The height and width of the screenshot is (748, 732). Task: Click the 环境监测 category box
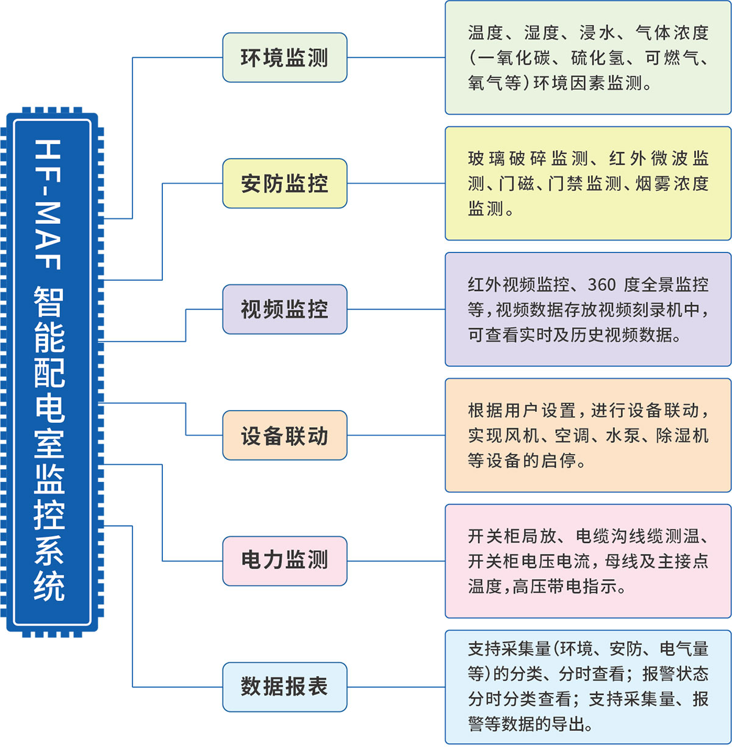coord(284,57)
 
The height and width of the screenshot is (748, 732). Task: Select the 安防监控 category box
coord(284,183)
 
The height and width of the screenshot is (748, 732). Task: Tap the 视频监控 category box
coord(284,309)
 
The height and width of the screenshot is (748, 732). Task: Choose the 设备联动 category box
coord(284,435)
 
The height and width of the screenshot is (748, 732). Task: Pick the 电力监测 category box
coord(284,561)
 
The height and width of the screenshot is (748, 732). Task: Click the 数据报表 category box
coord(284,687)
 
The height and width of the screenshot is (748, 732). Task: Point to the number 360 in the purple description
coord(601,284)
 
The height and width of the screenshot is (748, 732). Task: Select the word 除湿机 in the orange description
coord(683,436)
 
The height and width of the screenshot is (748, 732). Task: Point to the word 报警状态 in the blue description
coord(676,674)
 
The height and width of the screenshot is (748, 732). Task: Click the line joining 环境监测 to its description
coord(396,57)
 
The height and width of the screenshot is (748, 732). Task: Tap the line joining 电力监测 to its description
coord(396,561)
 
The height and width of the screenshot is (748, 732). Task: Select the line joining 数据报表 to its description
coord(396,687)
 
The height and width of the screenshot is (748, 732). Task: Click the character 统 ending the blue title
coord(49,586)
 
